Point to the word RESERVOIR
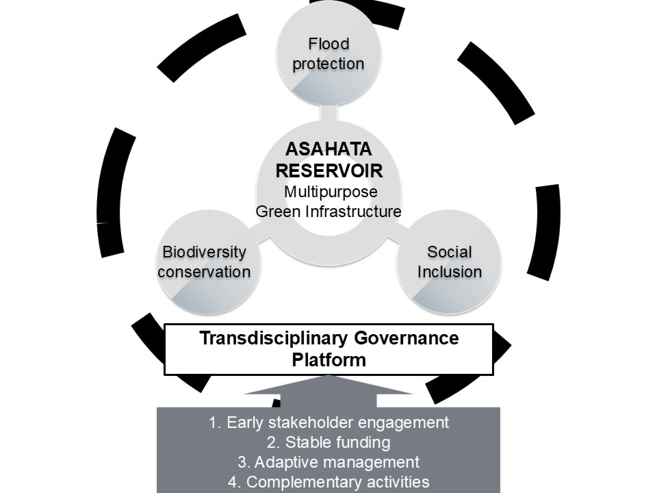tap(328, 170)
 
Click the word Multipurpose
tap(331, 191)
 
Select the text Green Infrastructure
tap(328, 212)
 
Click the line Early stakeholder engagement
tap(328, 422)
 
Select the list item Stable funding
tap(328, 442)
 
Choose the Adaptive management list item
tap(328, 462)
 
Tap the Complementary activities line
tap(328, 482)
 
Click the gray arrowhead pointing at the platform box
tap(328, 385)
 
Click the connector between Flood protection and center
tap(328, 113)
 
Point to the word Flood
tap(328, 45)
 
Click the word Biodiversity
tap(204, 252)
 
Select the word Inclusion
tap(450, 272)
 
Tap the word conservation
tap(204, 272)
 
